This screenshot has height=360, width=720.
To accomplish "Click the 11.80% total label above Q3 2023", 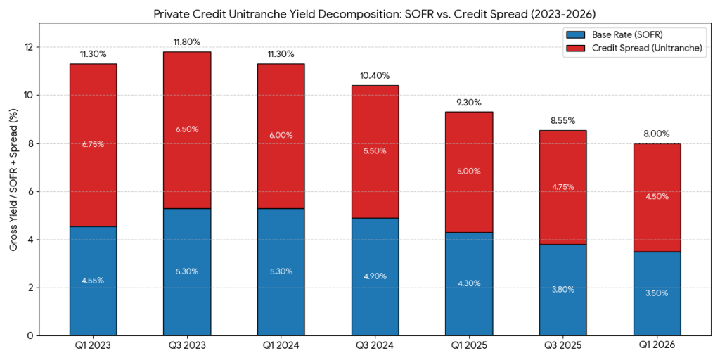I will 186,42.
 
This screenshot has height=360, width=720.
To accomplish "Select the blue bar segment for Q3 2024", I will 374,276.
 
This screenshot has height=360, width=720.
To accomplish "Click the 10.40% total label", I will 374,76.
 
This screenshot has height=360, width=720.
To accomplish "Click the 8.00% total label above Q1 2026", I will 656,134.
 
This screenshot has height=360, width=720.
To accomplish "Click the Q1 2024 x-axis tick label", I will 281,346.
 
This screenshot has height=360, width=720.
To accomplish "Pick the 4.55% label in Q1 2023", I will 93,280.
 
